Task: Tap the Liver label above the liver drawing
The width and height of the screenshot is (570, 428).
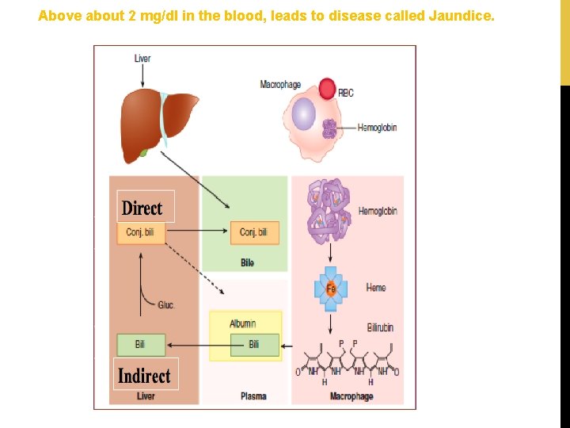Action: click(x=142, y=58)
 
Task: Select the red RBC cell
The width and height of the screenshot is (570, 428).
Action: click(x=327, y=88)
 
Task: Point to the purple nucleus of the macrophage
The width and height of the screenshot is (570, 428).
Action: click(x=303, y=114)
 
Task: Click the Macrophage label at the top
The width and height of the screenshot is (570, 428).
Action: click(x=280, y=84)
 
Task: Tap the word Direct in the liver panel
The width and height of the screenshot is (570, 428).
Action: click(x=142, y=208)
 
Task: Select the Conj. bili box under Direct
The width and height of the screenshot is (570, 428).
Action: click(x=142, y=232)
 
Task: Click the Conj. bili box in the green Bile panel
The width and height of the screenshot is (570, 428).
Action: click(x=254, y=232)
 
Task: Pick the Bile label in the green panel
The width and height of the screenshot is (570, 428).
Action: click(x=247, y=262)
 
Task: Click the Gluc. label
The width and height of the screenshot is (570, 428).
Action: click(x=166, y=304)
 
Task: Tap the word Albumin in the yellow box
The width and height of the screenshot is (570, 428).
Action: click(x=243, y=323)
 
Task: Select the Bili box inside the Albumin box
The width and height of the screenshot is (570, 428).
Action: click(x=254, y=345)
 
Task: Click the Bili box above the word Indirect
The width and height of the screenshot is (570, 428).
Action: click(x=141, y=345)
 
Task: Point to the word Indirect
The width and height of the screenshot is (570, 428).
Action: click(x=144, y=375)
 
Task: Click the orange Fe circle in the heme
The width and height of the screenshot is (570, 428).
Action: click(x=331, y=289)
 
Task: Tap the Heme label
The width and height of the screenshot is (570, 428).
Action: click(x=376, y=288)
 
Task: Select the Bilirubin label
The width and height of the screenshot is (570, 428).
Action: click(x=380, y=327)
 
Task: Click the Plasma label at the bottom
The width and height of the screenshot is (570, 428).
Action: click(x=253, y=396)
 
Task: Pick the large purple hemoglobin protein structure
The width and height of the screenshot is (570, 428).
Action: click(x=329, y=211)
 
